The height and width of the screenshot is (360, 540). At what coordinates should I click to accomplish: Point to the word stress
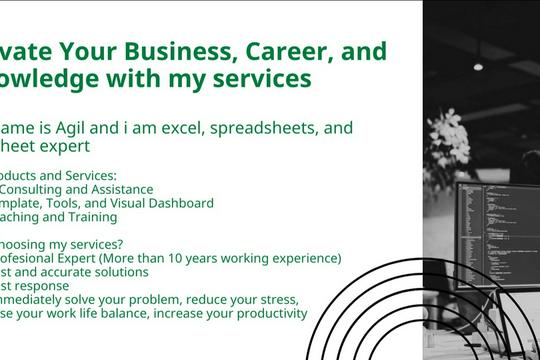(273, 300)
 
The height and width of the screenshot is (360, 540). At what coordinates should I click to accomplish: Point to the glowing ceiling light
(478, 66)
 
